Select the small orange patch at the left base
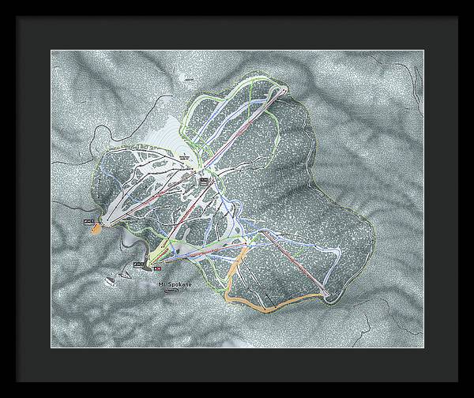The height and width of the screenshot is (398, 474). pos(96,228)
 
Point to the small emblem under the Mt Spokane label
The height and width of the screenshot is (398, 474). pos(169,293)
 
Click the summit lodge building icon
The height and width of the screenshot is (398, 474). pos(204,181)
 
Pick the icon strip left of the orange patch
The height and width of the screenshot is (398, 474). pos(86,222)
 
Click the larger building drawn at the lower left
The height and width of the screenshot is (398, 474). pos(115,276)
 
